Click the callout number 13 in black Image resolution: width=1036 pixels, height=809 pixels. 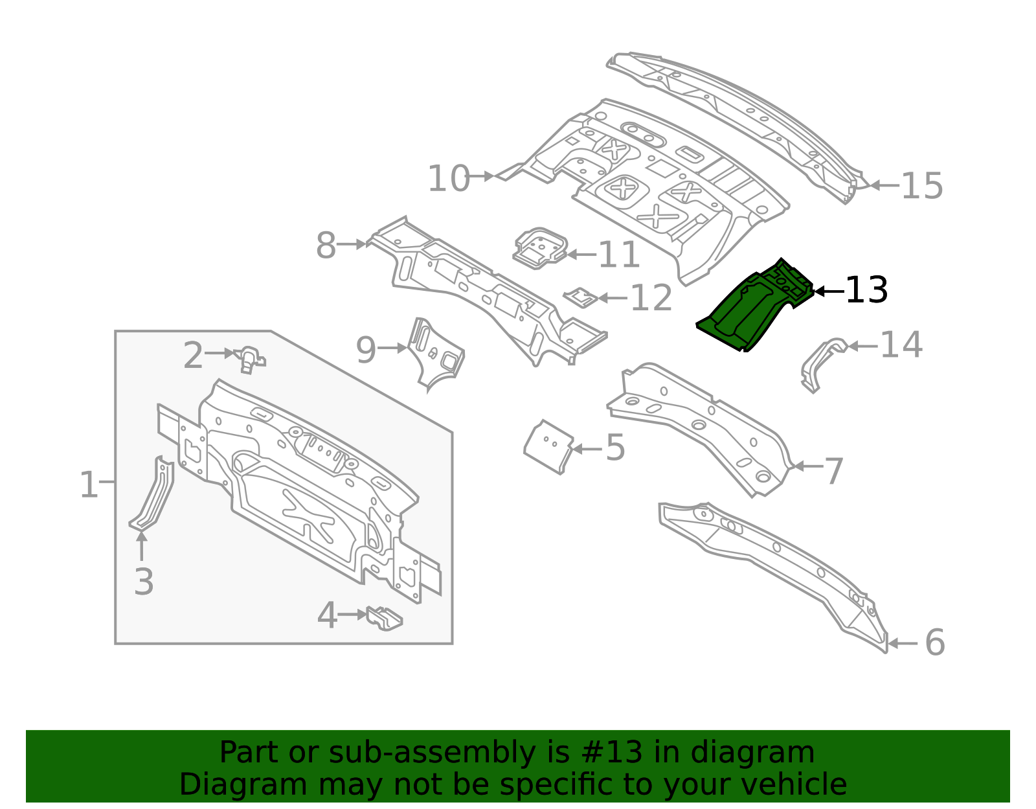(x=866, y=290)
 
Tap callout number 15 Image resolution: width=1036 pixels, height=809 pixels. (x=921, y=186)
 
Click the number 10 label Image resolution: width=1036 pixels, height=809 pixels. (x=449, y=178)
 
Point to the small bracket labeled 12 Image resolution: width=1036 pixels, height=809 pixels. (x=580, y=297)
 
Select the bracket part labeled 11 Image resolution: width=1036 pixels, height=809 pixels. (x=539, y=248)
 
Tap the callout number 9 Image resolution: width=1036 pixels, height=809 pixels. (x=366, y=350)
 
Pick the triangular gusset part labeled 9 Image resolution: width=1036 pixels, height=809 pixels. (x=437, y=353)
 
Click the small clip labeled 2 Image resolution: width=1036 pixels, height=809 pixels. (x=249, y=358)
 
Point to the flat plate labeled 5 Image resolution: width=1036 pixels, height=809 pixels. (x=548, y=446)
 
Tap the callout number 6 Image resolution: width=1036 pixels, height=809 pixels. (x=934, y=643)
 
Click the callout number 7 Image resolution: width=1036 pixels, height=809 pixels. (x=835, y=470)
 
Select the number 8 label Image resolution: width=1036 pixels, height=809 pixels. (x=326, y=246)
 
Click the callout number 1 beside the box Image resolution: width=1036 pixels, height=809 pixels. (x=88, y=484)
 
